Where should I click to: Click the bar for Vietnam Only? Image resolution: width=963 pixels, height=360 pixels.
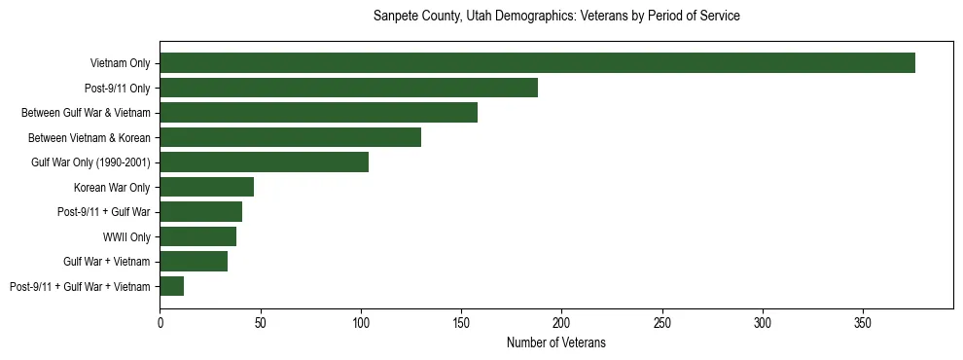(537, 63)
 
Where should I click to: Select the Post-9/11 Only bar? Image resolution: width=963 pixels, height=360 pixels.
(348, 88)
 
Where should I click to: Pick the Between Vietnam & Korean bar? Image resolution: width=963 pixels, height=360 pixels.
(290, 137)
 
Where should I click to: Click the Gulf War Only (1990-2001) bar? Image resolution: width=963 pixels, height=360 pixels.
(264, 162)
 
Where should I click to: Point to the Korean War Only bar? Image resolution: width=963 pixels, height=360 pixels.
(206, 187)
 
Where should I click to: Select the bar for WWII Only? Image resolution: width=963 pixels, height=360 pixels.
(197, 236)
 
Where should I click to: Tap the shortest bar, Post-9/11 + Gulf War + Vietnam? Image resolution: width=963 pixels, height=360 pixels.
(171, 286)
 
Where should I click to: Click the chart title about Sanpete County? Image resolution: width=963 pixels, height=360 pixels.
(556, 17)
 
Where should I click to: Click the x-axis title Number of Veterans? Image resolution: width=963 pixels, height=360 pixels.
(556, 342)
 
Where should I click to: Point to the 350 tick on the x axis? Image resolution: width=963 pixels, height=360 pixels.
(863, 321)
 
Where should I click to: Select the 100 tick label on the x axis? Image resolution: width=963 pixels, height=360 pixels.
(361, 321)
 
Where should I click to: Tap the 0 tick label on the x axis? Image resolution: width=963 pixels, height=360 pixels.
(160, 321)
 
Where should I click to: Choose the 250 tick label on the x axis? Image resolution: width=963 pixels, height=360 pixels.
(662, 321)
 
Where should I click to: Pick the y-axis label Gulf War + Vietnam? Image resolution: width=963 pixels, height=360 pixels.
(106, 262)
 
